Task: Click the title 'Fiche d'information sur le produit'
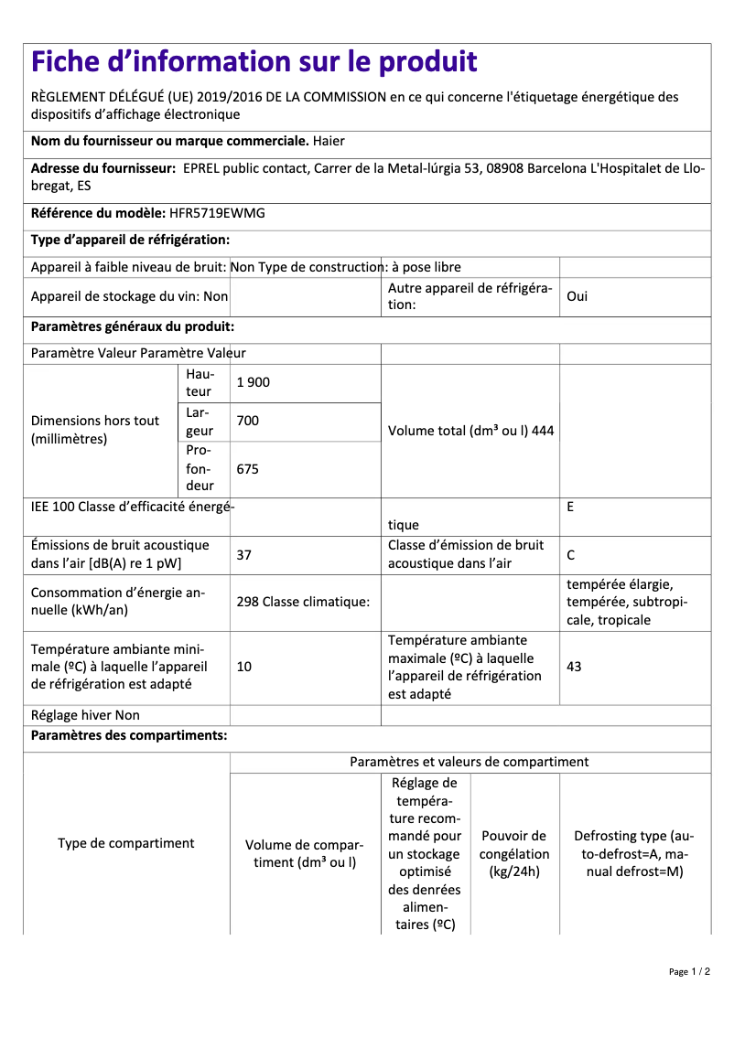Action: click(254, 61)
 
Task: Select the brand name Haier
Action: click(329, 141)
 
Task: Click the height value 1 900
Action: click(254, 382)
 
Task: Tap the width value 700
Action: click(248, 421)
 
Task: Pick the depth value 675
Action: click(248, 468)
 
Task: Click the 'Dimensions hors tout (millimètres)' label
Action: click(95, 430)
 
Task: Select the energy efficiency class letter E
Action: click(570, 506)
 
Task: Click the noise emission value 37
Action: click(244, 554)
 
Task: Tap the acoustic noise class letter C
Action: click(571, 554)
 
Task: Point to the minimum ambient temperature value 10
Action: click(244, 667)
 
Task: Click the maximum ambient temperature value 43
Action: click(574, 667)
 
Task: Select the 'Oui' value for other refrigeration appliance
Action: click(577, 297)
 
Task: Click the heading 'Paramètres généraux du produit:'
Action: click(133, 326)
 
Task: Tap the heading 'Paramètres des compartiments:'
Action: click(129, 735)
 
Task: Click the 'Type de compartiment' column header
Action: click(126, 843)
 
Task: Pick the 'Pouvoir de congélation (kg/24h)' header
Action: click(514, 853)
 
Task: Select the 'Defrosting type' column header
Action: click(634, 853)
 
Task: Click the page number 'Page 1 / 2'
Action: click(689, 971)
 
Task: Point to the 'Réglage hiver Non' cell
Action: click(85, 715)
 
